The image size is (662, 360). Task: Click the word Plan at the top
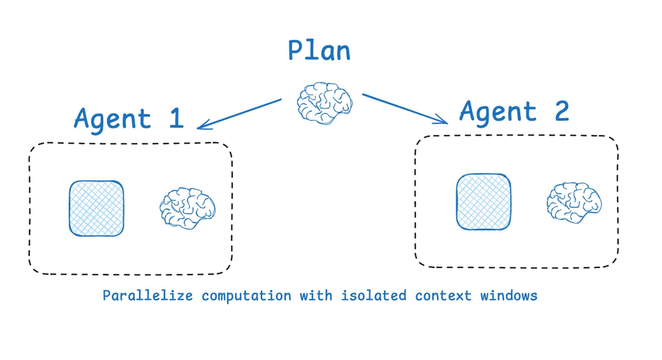point(319,52)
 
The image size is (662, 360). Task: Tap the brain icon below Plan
point(324,103)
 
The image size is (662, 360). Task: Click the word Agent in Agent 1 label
point(113,119)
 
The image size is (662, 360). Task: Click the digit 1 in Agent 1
point(175,117)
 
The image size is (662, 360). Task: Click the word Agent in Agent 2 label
point(498,112)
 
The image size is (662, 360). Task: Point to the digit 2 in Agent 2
point(561,111)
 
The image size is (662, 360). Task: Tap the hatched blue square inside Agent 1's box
point(97,208)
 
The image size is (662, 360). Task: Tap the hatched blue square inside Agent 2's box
point(483,202)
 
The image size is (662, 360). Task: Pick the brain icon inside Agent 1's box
point(187,208)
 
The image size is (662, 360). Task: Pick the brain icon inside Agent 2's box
point(574,202)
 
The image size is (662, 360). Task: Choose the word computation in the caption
point(246,296)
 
